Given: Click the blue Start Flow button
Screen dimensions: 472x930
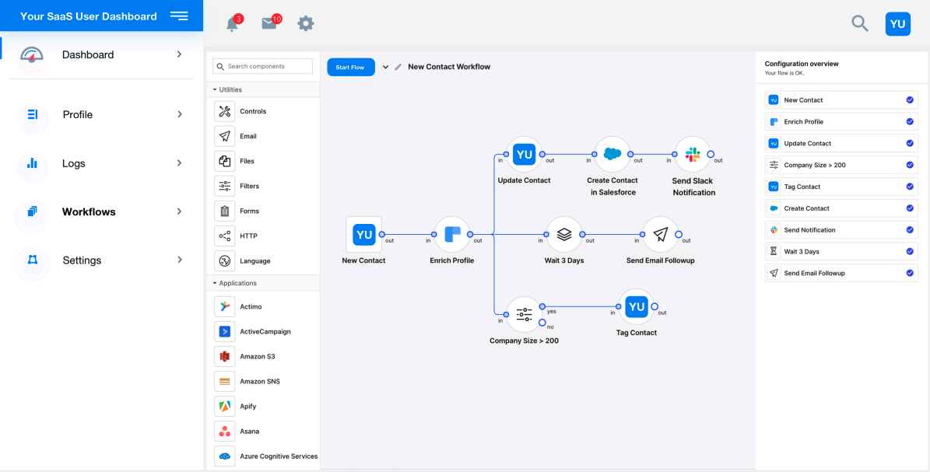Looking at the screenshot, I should pyautogui.click(x=350, y=68).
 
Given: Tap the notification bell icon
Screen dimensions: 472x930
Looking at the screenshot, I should pyautogui.click(x=232, y=24).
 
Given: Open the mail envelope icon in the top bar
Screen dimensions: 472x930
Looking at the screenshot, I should pyautogui.click(x=269, y=24).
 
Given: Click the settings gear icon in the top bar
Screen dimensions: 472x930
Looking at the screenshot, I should pyautogui.click(x=306, y=24).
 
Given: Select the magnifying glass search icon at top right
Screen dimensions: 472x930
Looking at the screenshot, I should pyautogui.click(x=859, y=23).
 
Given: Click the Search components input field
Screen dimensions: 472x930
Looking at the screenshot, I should pyautogui.click(x=263, y=67).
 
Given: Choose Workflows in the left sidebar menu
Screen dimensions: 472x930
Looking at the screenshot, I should pyautogui.click(x=89, y=212).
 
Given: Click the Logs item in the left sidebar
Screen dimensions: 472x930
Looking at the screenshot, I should pyautogui.click(x=74, y=163).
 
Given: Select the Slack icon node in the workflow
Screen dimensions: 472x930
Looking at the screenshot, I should pyautogui.click(x=693, y=155).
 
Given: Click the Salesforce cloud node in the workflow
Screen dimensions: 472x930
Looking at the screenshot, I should pyautogui.click(x=612, y=155).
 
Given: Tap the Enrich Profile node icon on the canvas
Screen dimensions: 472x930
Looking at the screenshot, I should pyautogui.click(x=452, y=235).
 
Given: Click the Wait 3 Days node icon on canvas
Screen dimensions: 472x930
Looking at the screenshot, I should pyautogui.click(x=564, y=235).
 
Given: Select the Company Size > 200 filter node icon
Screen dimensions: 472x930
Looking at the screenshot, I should pyautogui.click(x=524, y=315).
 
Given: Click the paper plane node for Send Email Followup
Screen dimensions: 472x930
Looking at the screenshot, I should pyautogui.click(x=660, y=235).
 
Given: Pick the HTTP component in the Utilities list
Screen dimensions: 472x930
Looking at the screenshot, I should pyautogui.click(x=248, y=236).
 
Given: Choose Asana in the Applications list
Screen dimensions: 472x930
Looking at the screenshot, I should pyautogui.click(x=249, y=431).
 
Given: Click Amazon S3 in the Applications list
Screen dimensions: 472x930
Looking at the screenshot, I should pyautogui.click(x=257, y=356).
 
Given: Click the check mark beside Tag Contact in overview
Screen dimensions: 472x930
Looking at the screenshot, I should pyautogui.click(x=910, y=187).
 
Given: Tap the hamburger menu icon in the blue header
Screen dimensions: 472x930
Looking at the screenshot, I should pyautogui.click(x=179, y=16).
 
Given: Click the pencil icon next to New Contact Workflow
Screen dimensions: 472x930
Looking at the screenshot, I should pyautogui.click(x=398, y=68).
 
